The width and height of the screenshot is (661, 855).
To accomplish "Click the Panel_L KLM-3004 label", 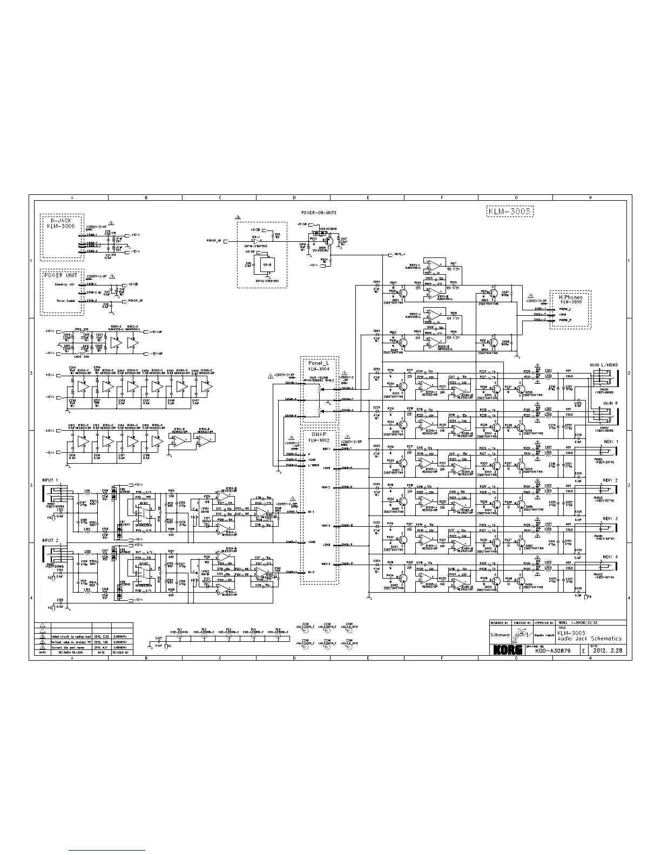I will pyautogui.click(x=319, y=366).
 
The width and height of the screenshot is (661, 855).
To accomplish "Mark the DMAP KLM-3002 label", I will pyautogui.click(x=319, y=437).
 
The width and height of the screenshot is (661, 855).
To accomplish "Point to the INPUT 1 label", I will pyautogui.click(x=50, y=479).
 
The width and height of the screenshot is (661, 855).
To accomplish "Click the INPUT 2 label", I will pyautogui.click(x=50, y=540).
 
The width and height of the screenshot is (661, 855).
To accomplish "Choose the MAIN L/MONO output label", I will pyautogui.click(x=604, y=365).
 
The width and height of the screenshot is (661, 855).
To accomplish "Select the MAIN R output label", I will pyautogui.click(x=609, y=403).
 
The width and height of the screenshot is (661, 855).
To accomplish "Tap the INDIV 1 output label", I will pyautogui.click(x=610, y=442).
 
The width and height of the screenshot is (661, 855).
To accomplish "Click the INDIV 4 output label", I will pyautogui.click(x=610, y=557).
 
